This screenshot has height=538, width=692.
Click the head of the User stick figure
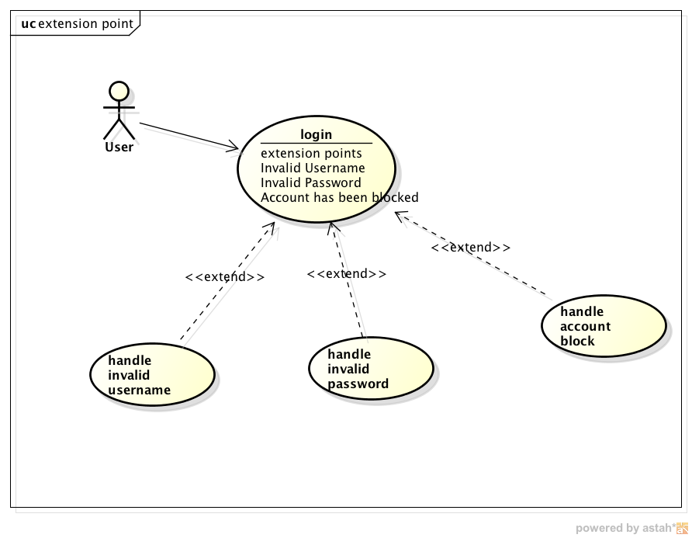pos(119,91)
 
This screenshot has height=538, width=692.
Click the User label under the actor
pos(119,147)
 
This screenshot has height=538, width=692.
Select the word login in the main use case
pos(316,134)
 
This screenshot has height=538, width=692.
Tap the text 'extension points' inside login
pos(311,153)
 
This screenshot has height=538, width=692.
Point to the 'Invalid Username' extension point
pos(313,168)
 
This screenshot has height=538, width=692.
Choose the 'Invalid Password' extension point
pos(310,182)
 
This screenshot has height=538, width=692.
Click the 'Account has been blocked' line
pos(339,197)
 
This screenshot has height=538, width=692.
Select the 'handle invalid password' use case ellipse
pos(370,369)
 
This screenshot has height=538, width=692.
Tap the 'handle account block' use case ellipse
pos(603,326)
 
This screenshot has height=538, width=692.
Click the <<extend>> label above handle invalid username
pos(225,276)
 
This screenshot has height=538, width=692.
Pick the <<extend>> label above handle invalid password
pos(346,273)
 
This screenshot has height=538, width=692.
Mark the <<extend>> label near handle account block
pos(471,247)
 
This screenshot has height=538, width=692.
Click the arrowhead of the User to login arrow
pos(235,147)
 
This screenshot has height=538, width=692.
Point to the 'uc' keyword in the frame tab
pos(28,23)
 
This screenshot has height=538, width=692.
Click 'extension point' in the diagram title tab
pos(85,23)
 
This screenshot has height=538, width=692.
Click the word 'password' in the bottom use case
pos(358,384)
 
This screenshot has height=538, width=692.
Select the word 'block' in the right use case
pos(577,341)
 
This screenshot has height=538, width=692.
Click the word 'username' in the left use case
pos(139,390)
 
